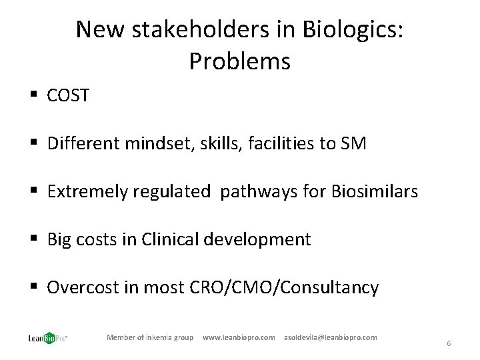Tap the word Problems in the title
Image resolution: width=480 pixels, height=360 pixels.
(239, 61)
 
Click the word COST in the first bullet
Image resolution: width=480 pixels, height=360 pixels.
(68, 96)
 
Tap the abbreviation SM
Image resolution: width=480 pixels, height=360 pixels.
(353, 144)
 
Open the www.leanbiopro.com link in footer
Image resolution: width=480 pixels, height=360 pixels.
(239, 337)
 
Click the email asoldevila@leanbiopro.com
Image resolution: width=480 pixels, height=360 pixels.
(330, 337)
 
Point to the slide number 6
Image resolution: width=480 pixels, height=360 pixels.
(449, 343)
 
